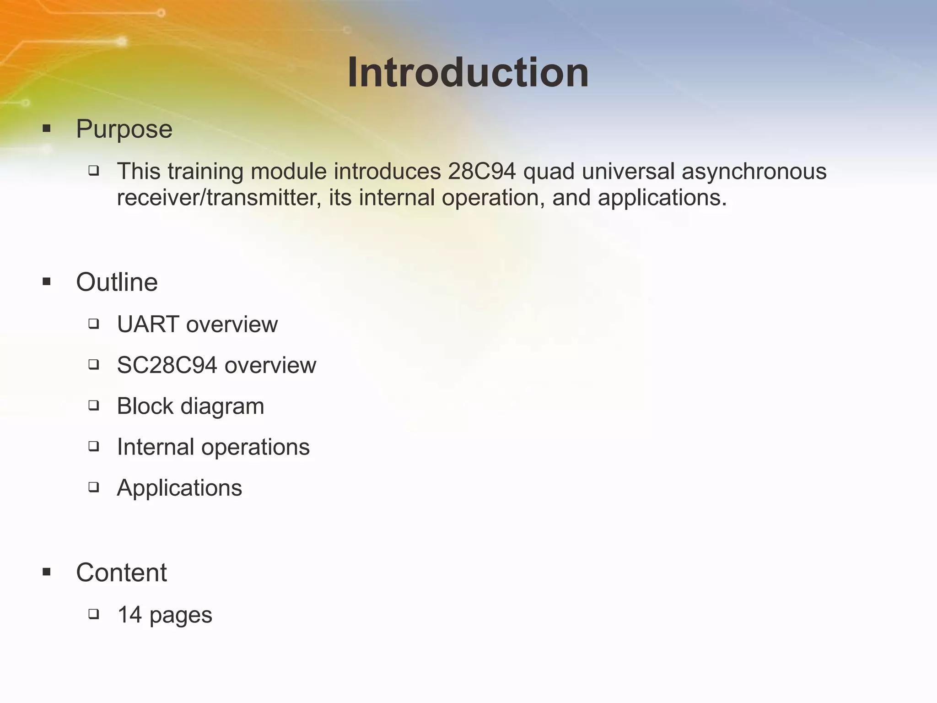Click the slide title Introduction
coord(468,73)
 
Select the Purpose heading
coord(124,129)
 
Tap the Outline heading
coord(117,282)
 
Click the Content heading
coord(121,573)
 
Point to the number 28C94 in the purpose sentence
coord(482,172)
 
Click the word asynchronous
coord(754,172)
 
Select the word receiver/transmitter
coord(219,198)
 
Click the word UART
coord(148,324)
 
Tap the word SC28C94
coord(167,365)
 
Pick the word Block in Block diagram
coord(145,406)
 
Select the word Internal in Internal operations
coord(156,447)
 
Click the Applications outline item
coord(179,488)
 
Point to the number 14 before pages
coord(129,615)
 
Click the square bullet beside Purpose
coord(46,129)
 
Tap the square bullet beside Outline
coord(46,281)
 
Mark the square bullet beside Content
coord(46,572)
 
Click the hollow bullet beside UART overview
coord(94,324)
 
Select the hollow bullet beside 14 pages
coord(94,614)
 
